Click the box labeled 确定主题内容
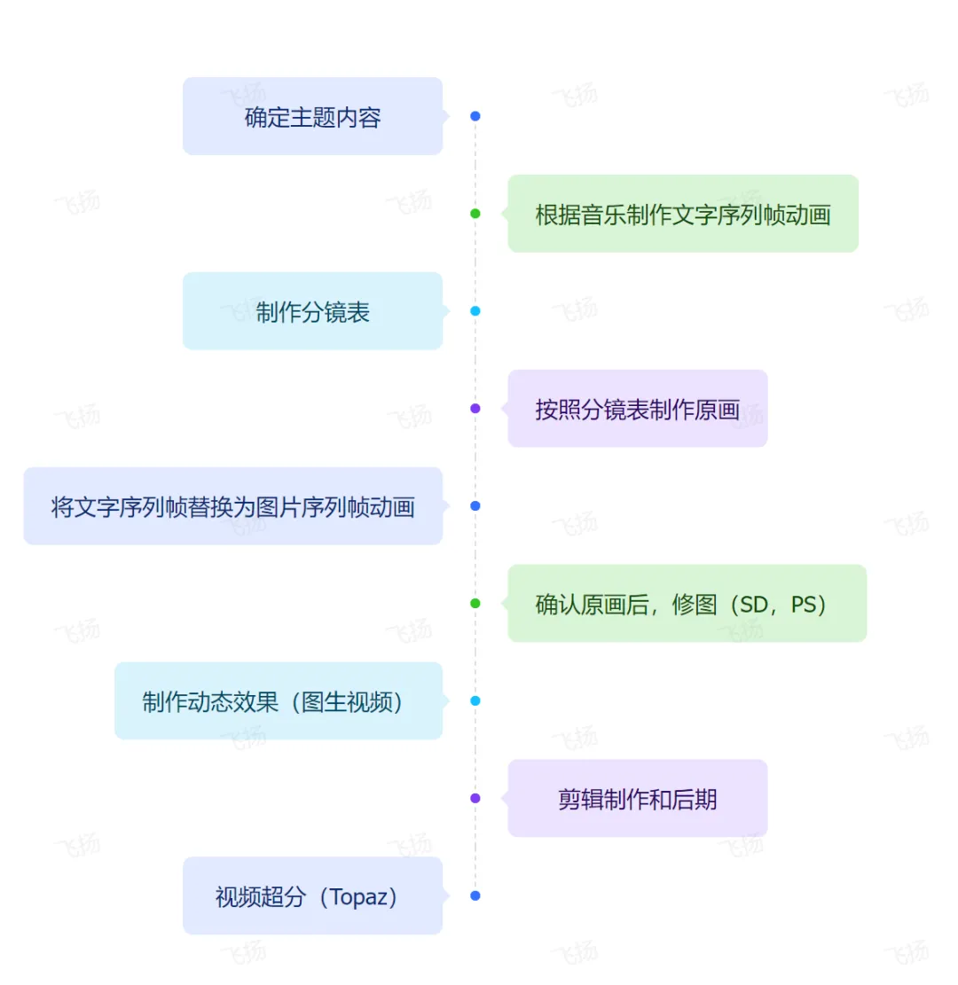click(312, 116)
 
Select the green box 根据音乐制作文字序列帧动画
click(682, 214)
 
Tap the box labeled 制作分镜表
click(312, 311)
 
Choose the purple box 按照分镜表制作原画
click(637, 409)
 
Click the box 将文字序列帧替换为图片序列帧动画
click(232, 506)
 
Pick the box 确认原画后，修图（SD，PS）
click(687, 604)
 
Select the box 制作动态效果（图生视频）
click(278, 701)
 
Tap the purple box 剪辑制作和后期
click(637, 799)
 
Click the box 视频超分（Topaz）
click(312, 896)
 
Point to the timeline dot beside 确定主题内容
click(475, 116)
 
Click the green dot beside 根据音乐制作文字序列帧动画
click(475, 214)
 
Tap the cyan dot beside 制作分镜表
click(475, 311)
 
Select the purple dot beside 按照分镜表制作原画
click(475, 409)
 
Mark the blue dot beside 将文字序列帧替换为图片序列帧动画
click(475, 506)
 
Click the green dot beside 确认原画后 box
click(475, 604)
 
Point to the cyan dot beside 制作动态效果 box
click(475, 701)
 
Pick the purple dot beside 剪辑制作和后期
click(475, 799)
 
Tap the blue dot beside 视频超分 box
click(475, 896)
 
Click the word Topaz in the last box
click(358, 897)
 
